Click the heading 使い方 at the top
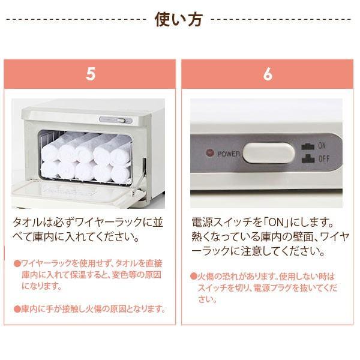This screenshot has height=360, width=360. point(179,19)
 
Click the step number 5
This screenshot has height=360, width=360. point(90,75)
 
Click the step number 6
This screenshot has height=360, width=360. point(267,75)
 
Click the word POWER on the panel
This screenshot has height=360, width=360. point(229,154)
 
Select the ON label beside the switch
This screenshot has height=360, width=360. point(322,145)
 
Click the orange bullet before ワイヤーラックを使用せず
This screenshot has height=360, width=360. point(17,263)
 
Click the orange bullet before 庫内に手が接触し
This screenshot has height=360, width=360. point(17,309)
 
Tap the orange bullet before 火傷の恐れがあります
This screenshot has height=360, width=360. point(194,277)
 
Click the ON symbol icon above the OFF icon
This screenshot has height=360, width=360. point(308,146)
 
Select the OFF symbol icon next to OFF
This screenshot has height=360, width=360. point(308,160)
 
